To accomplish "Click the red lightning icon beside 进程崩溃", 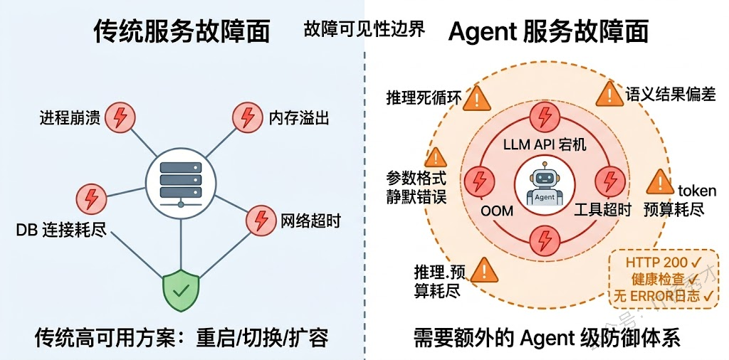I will pos(120,117).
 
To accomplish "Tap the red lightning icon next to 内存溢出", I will pos(247,117).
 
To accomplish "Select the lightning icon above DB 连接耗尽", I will pos(90,197).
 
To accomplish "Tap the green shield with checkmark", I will pos(180,290).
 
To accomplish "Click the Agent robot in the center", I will pos(545,182).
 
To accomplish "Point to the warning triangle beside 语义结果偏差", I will pos(608,93).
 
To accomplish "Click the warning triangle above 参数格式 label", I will pos(436,157).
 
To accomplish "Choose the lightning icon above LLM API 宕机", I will pos(545,117).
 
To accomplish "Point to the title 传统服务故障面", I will pos(182,32).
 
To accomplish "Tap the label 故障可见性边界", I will pos(364,28).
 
